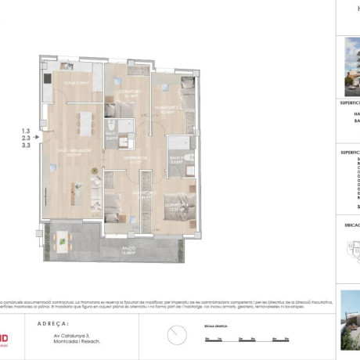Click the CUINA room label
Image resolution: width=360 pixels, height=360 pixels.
point(65,81)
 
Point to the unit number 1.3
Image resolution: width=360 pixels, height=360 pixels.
point(26,131)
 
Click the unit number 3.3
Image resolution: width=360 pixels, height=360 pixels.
point(26,145)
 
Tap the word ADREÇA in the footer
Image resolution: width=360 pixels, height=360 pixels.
point(53,322)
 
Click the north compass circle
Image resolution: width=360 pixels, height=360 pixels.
point(177,335)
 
